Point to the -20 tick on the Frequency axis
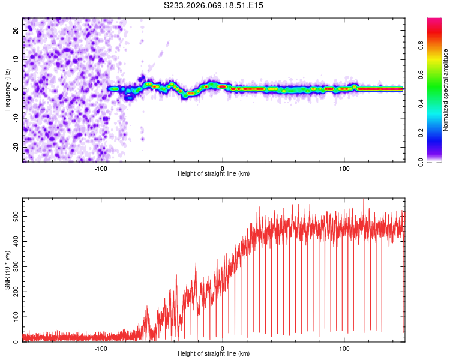pyautogui.click(x=16, y=147)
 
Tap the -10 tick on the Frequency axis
pyautogui.click(x=16, y=118)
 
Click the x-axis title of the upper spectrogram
pyautogui.click(x=214, y=173)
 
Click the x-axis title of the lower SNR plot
pyautogui.click(x=214, y=354)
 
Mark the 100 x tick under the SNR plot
pyautogui.click(x=344, y=347)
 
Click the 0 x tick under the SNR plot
pyautogui.click(x=223, y=347)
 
